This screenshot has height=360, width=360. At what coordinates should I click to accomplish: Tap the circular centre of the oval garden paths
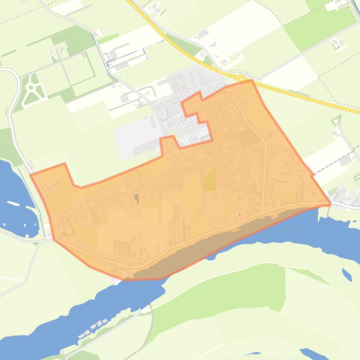[x=32, y=87]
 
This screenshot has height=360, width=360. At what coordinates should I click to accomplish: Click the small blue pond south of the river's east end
[x=346, y=274]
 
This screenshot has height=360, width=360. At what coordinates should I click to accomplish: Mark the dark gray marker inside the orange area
[x=137, y=199]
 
